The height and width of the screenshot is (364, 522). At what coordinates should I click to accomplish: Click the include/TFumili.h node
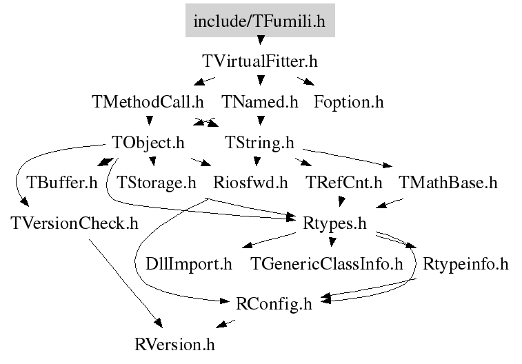(260, 21)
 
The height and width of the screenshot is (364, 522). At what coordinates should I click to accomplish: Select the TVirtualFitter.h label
(260, 61)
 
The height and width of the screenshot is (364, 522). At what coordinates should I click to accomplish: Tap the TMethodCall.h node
(148, 102)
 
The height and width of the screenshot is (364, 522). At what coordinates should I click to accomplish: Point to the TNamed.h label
(260, 102)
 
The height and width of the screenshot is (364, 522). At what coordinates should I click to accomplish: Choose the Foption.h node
(349, 102)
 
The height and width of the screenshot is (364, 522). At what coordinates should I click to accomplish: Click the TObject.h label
(148, 143)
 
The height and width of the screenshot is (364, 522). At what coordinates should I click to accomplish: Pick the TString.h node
(260, 143)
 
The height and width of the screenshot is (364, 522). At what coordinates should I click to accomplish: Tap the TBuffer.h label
(62, 183)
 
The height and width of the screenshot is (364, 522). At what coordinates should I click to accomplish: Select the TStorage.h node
(157, 183)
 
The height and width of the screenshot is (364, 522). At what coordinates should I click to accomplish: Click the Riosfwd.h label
(251, 183)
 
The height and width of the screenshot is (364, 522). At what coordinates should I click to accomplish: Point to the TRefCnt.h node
(344, 183)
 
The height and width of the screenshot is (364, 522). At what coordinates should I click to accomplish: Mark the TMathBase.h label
(448, 183)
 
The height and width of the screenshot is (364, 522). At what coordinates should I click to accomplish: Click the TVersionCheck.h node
(74, 223)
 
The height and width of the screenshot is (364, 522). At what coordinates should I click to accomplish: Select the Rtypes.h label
(334, 223)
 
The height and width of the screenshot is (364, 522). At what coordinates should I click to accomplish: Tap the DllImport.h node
(189, 264)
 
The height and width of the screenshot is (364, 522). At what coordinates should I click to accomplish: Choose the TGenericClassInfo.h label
(327, 264)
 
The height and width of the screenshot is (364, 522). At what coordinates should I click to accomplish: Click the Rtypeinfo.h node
(465, 264)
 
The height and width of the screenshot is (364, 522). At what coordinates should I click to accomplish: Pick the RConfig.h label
(274, 304)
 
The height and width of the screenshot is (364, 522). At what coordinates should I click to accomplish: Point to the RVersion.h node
(174, 345)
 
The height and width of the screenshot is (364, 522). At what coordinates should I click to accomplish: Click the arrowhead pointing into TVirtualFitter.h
(261, 40)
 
